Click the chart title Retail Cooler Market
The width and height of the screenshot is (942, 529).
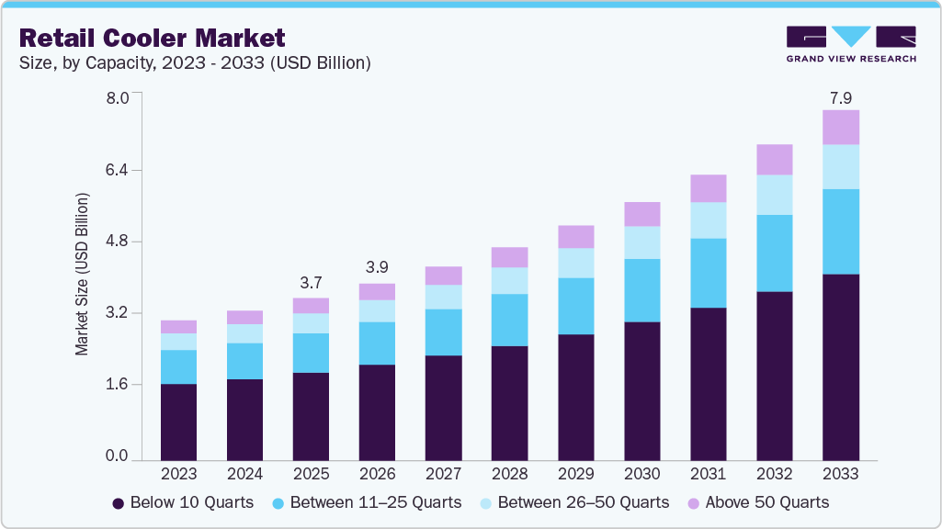[x=153, y=38]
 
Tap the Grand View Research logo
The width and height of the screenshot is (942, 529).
[x=851, y=43]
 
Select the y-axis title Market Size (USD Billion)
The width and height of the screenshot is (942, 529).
[x=83, y=275]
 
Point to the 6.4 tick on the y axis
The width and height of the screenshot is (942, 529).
[x=121, y=170]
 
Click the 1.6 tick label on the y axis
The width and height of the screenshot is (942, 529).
[x=121, y=385]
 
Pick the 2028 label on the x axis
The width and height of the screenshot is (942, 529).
[x=509, y=474]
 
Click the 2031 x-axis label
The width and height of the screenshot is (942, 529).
[x=708, y=474]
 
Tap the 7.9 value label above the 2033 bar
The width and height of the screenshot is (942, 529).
[x=840, y=97]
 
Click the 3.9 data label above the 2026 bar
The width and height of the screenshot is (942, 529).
[x=377, y=267]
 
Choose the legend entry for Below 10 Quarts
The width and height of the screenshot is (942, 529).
[x=184, y=502]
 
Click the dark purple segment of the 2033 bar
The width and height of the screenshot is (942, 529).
[x=840, y=366]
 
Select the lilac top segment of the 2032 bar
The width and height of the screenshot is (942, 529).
[x=774, y=159]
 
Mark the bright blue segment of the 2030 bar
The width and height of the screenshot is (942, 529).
[x=641, y=290]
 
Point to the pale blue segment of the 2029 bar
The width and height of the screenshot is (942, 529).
[x=575, y=263]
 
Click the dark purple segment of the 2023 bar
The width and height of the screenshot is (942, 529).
[x=178, y=422]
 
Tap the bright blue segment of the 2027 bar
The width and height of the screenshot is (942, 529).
[x=443, y=332]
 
